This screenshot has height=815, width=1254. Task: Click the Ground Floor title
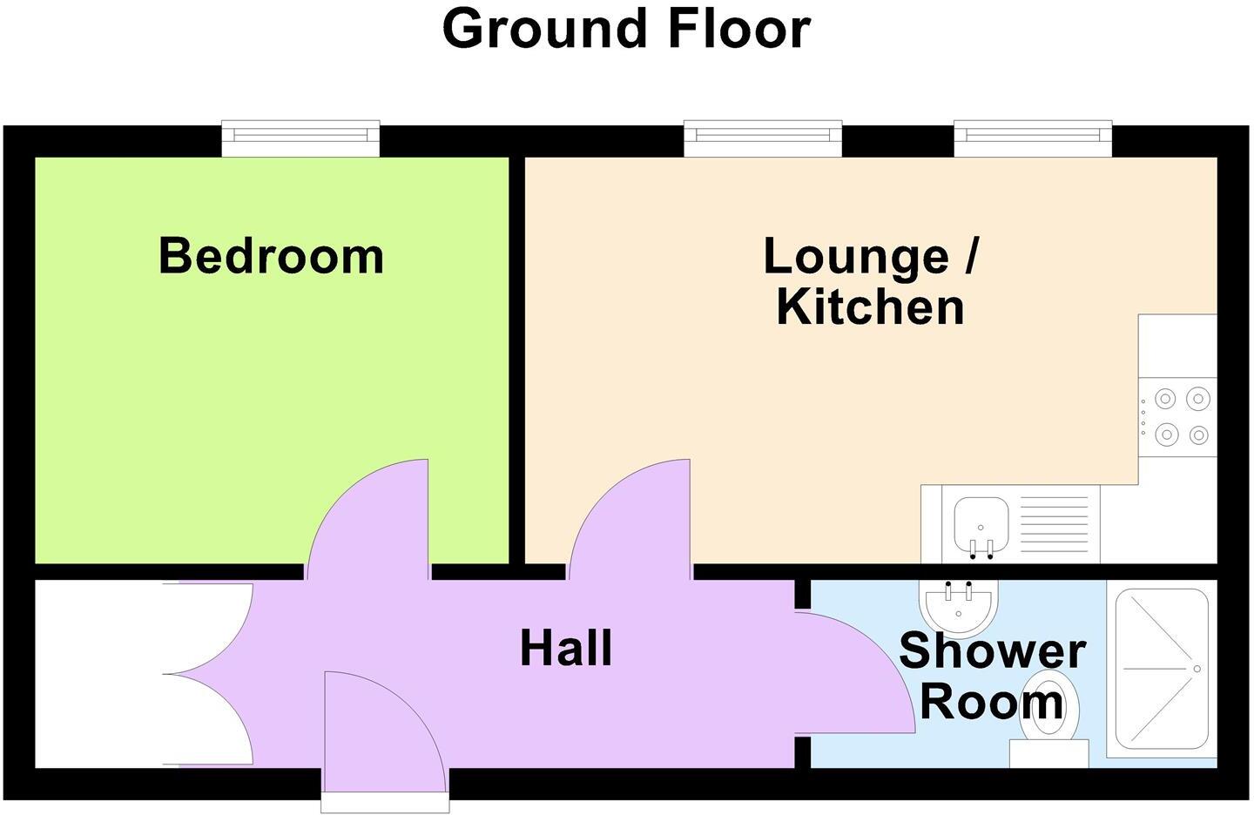pos(626,29)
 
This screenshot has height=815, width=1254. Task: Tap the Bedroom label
pos(271,256)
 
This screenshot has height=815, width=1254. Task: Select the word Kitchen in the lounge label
pos(870,307)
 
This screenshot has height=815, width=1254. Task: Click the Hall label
pos(566,649)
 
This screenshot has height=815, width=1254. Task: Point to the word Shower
pos(992,651)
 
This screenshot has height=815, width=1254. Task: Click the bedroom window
pos(300,138)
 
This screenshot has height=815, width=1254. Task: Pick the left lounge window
pos(763,138)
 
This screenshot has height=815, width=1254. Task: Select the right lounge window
pos(1033,138)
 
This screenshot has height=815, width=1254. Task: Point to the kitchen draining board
pos(1054,524)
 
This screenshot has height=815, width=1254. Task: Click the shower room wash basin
pos(960,606)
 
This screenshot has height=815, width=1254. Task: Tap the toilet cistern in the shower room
pos(1048,753)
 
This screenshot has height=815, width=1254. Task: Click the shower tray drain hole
pos(1197,669)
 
